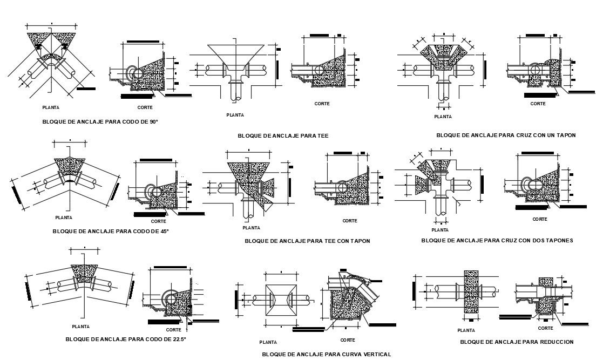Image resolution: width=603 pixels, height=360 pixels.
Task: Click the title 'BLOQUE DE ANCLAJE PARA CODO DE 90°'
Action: [100, 122]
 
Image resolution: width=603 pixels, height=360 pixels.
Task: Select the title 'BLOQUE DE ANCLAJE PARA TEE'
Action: [283, 135]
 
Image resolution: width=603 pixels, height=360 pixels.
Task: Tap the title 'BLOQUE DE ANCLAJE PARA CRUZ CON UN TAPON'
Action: [506, 135]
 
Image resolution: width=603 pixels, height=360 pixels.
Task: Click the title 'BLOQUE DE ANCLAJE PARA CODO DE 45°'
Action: [111, 231]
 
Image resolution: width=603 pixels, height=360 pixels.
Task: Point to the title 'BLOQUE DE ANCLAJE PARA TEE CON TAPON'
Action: [307, 241]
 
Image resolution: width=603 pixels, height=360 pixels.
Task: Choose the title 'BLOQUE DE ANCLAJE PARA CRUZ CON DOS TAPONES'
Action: [497, 240]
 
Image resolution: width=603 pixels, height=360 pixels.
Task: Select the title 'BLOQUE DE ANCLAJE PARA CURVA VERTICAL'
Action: [326, 354]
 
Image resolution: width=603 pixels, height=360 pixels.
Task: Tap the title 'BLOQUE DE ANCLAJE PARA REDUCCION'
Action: [517, 342]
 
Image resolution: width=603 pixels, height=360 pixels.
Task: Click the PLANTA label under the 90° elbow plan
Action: [51, 107]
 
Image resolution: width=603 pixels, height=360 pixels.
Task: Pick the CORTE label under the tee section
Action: [322, 104]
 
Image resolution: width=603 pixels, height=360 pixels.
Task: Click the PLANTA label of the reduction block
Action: [466, 330]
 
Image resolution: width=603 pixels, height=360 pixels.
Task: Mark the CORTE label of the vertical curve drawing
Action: [348, 340]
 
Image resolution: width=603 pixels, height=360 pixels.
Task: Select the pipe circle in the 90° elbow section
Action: [134, 73]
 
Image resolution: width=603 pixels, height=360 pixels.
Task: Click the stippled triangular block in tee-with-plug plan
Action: [246, 178]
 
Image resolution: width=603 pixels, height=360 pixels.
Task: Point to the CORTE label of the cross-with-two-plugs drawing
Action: [540, 219]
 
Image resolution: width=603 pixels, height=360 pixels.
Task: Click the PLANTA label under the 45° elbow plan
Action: [64, 218]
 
